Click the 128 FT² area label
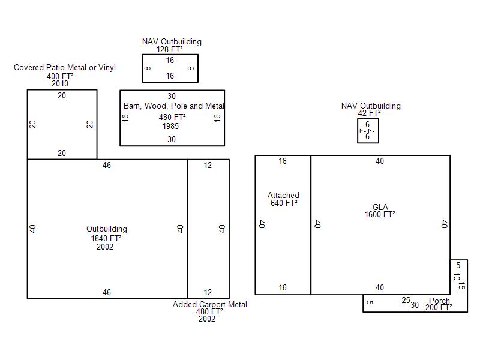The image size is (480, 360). coord(169,49)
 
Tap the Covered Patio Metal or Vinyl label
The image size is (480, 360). coord(65,67)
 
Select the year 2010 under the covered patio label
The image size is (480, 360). coord(59,83)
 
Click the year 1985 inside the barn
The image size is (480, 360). coord(170,126)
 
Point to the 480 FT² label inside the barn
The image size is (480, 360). coord(172,117)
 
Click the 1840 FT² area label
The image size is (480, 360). coord(106,238)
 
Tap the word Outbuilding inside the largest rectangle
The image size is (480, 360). coord(107,229)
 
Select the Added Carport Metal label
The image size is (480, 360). coord(209,304)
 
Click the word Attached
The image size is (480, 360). coord(283,195)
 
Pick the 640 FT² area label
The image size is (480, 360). coord(284,203)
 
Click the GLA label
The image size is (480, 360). coord(380,207)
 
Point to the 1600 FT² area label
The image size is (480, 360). coord(380,214)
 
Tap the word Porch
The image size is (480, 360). coord(439,301)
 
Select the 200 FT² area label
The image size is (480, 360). coord(439,307)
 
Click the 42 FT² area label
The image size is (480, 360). coord(370,113)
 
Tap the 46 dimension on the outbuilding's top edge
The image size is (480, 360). coord(107,166)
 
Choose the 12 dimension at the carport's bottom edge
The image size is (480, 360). coord(208,292)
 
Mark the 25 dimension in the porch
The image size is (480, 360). coord(406,301)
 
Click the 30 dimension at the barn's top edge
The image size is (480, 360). coord(172,96)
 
